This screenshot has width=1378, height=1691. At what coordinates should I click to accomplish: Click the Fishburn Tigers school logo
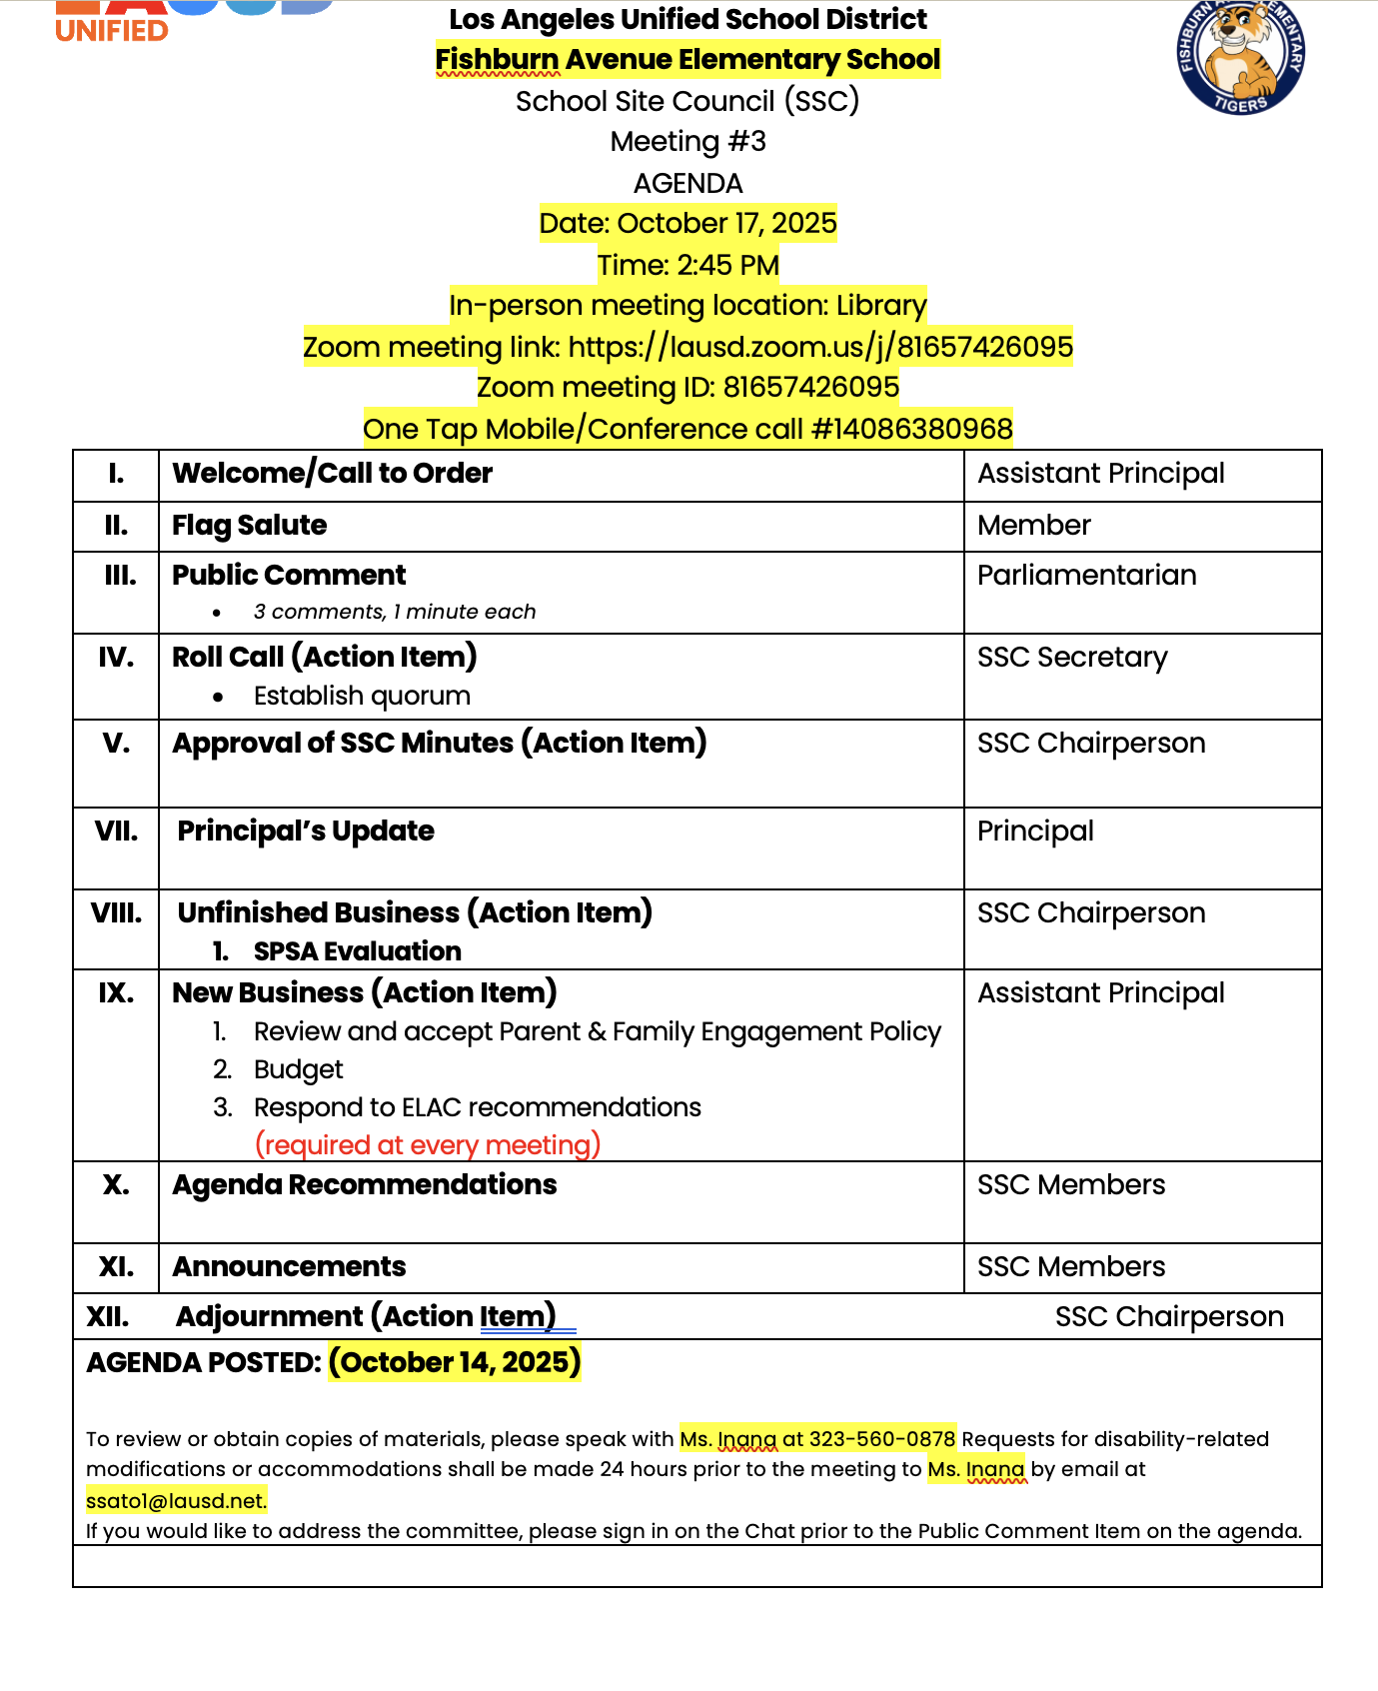pos(1240,55)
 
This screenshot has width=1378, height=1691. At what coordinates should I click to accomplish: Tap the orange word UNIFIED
pos(112,31)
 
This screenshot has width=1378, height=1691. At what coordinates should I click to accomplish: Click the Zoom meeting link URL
pos(820,347)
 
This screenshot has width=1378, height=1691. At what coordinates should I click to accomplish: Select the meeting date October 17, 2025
pos(726,223)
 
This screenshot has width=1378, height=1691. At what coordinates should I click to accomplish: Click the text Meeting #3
pos(688,142)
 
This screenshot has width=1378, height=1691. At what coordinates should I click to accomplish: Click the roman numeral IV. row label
pos(116,658)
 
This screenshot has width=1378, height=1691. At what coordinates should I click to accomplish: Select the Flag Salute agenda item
pos(250,526)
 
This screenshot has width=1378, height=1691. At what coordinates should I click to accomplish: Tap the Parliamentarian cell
pos(1086,576)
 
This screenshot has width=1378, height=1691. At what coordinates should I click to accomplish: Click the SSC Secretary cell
pos(1071,658)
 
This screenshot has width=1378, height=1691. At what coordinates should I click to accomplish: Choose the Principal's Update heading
pos(306,832)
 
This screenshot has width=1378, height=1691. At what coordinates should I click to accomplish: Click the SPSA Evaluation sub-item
pos(357,951)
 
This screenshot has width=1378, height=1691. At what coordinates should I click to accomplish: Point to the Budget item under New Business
pos(298,1069)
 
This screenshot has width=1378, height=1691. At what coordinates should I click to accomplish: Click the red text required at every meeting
pos(428,1145)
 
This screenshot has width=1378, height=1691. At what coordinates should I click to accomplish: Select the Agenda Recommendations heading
pos(365,1185)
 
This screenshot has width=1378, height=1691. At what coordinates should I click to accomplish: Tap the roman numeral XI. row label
pos(116,1267)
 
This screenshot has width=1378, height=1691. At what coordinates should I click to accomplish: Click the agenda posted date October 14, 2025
pos(455,1362)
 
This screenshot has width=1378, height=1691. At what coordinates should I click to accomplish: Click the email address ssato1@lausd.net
pos(176,1500)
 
